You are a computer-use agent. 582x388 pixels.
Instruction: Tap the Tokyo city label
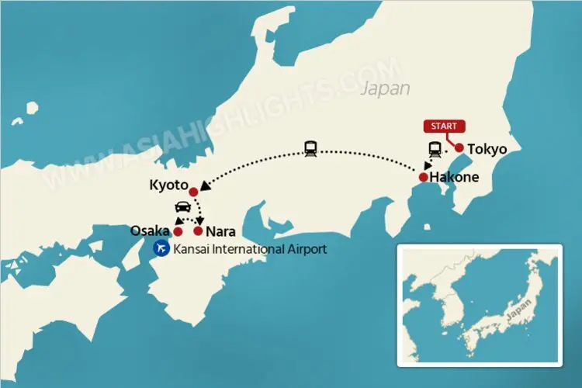(487, 148)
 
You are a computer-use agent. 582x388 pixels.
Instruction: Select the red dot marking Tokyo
(459, 147)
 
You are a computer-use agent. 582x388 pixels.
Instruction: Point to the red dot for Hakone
(423, 178)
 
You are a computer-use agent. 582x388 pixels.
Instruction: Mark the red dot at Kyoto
(193, 192)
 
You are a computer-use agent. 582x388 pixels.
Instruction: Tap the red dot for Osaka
(178, 231)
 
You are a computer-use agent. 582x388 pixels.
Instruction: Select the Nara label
(220, 231)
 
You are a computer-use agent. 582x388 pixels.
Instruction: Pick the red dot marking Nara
(199, 231)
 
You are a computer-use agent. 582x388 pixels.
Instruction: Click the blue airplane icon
(162, 248)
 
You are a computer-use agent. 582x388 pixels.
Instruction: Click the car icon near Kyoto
(182, 208)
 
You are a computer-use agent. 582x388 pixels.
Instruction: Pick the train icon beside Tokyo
(435, 149)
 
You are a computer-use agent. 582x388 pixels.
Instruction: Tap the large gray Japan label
(386, 88)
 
